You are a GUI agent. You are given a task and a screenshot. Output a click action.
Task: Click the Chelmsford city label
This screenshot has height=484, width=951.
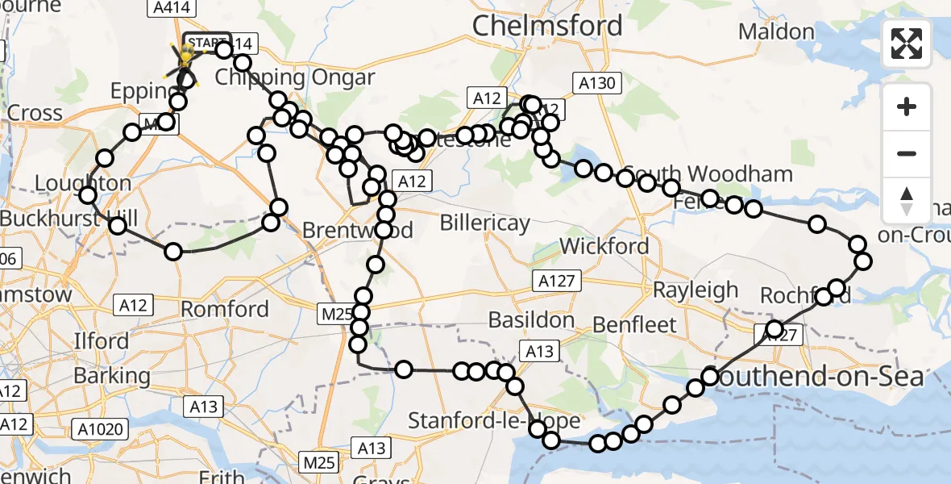[x=547, y=26]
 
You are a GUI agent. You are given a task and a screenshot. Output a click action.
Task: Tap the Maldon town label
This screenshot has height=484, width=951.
[x=776, y=32]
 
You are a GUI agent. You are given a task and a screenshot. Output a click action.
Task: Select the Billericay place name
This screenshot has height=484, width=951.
[x=484, y=223]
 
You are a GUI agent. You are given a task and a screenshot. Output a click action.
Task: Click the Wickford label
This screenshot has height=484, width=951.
[x=604, y=245]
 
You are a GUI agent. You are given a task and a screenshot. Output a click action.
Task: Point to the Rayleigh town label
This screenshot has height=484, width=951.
[x=696, y=290]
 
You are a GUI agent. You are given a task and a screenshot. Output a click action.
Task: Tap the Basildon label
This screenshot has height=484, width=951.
[x=530, y=320]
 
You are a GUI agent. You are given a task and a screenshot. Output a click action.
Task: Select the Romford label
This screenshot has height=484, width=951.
[x=225, y=309]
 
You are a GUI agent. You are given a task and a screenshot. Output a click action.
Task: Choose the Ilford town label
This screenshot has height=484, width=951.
[x=101, y=341]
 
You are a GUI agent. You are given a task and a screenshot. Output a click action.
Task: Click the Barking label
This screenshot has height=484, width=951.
[x=112, y=376]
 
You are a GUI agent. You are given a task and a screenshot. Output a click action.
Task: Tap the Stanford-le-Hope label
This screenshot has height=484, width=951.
[x=494, y=421]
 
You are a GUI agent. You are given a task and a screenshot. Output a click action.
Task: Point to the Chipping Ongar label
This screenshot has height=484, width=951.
[x=295, y=78]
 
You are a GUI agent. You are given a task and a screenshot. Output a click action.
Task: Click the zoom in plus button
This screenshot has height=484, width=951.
[x=907, y=106]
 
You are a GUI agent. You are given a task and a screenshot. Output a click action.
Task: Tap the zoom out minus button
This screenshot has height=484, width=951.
[x=907, y=154]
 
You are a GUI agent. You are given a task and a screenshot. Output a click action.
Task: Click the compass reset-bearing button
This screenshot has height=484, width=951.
[x=907, y=201]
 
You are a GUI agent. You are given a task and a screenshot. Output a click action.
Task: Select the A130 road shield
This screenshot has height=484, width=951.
[x=596, y=82]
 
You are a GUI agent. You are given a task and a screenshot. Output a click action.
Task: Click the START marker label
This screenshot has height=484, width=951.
[x=207, y=41]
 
